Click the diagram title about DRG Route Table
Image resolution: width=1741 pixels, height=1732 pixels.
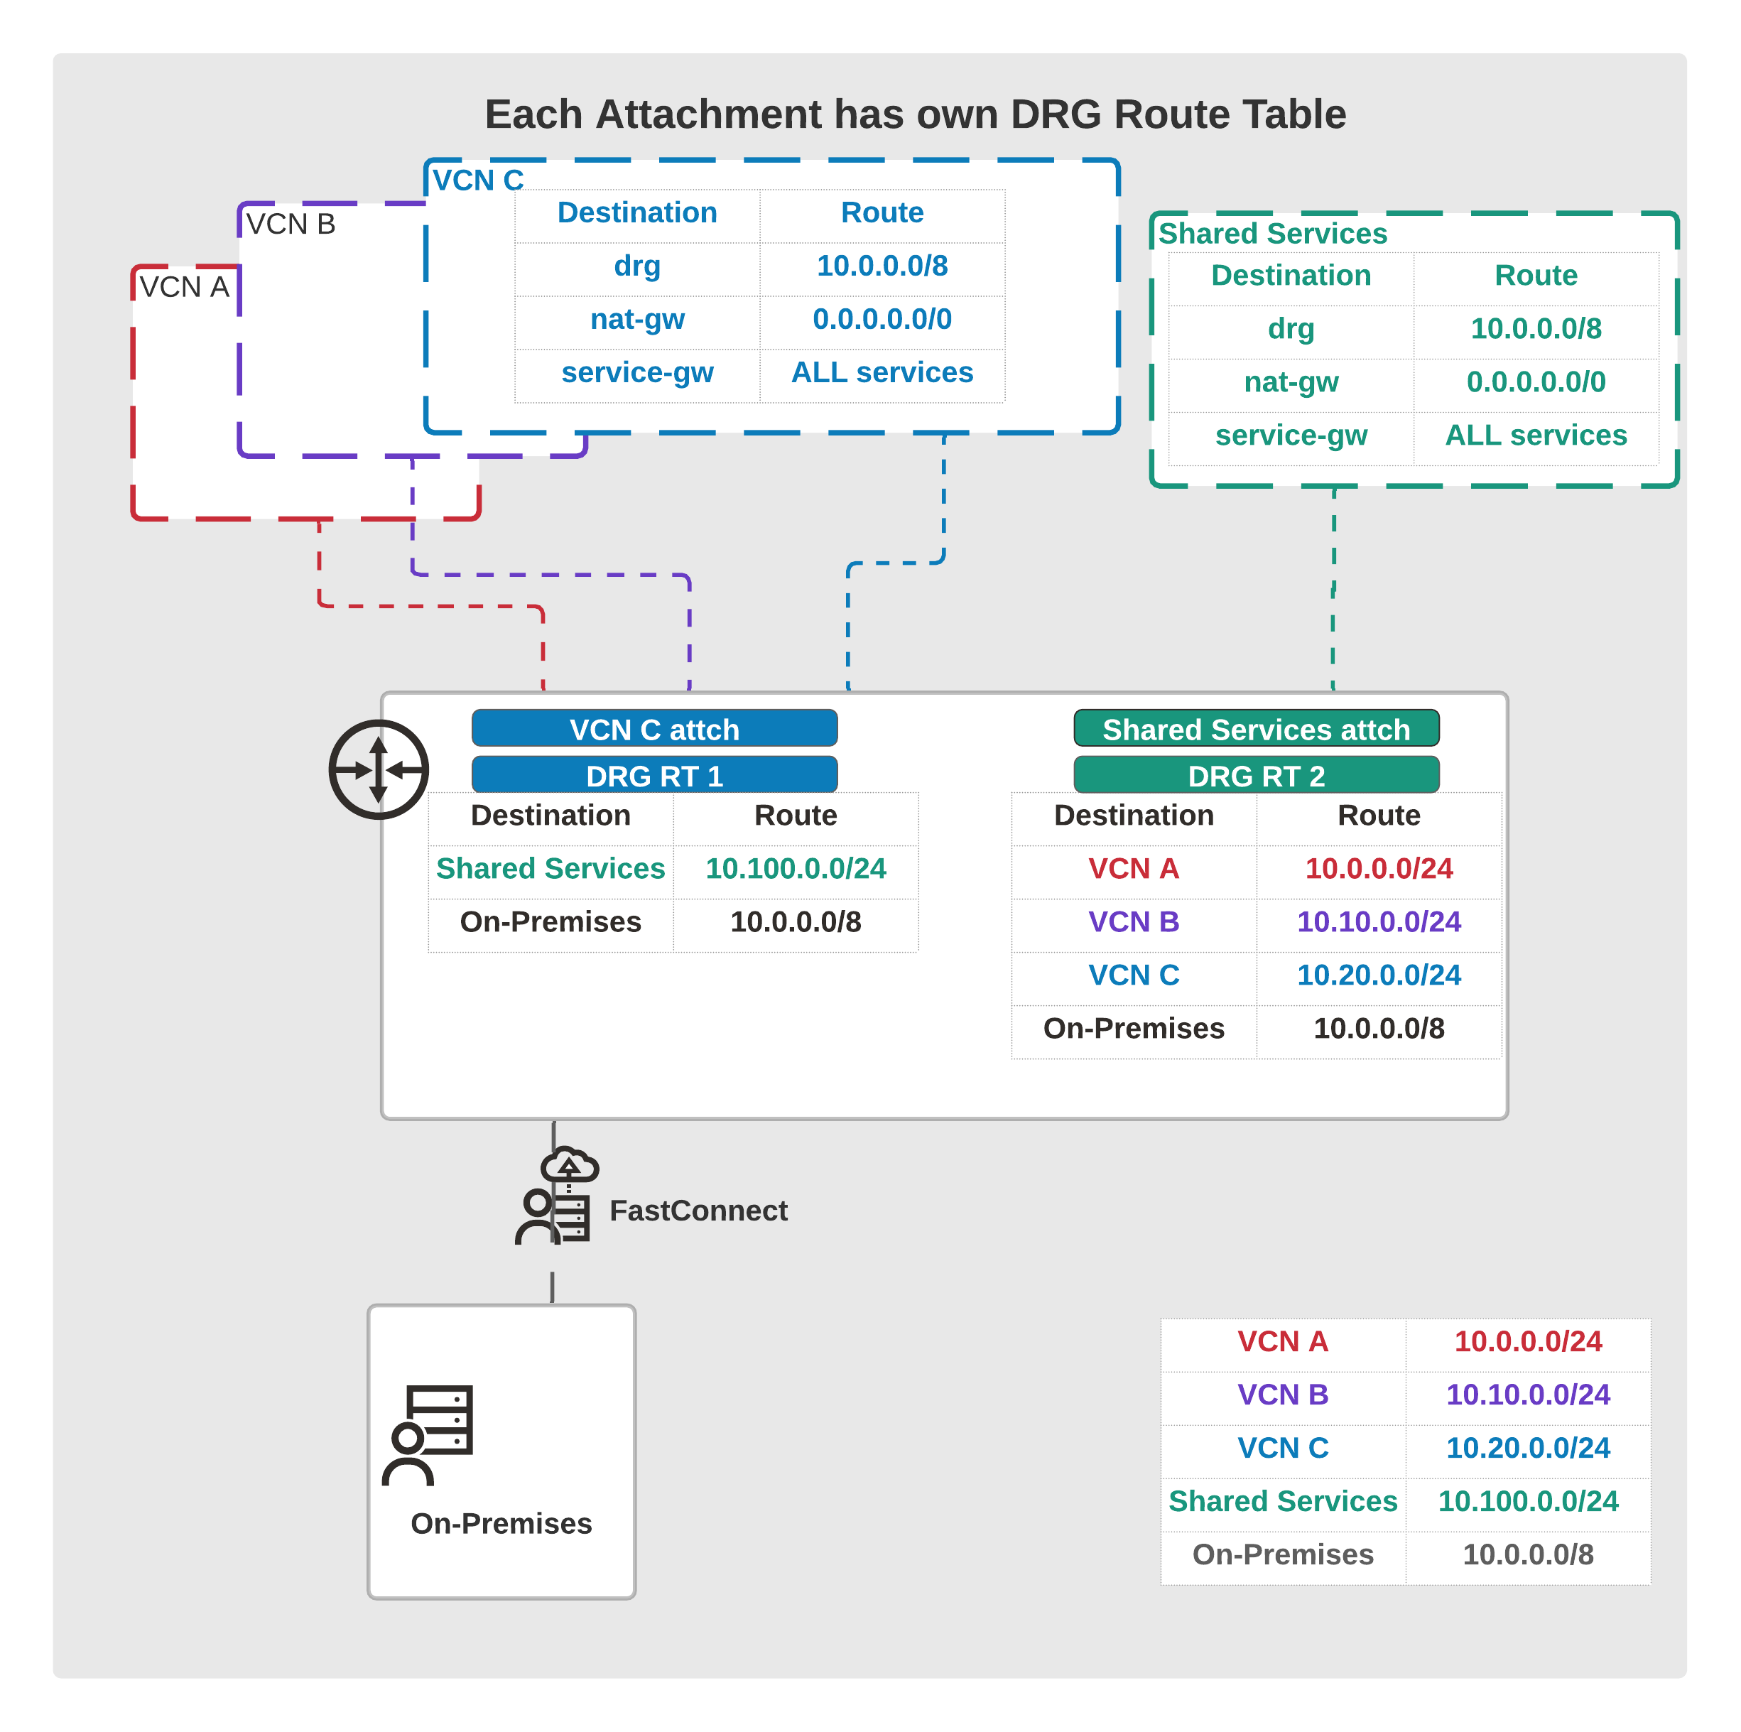[915, 114]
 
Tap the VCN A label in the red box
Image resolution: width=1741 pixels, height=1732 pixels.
[184, 286]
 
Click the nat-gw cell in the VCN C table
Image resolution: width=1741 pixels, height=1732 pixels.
[637, 319]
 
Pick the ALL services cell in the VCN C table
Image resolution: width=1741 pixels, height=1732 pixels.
[882, 372]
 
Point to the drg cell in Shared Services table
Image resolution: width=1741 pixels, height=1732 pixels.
[1291, 329]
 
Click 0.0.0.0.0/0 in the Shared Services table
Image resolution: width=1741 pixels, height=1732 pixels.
[1536, 382]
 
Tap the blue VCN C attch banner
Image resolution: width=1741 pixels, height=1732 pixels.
[654, 728]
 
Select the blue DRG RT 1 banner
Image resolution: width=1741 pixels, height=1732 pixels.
[654, 775]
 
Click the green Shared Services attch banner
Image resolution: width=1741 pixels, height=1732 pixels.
[1256, 728]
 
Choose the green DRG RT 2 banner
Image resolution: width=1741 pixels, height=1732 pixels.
[1256, 775]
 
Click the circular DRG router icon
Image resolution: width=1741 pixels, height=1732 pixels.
[379, 769]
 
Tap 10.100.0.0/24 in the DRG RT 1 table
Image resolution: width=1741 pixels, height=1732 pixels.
[796, 869]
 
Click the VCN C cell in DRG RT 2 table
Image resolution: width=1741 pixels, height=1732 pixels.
[1134, 975]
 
